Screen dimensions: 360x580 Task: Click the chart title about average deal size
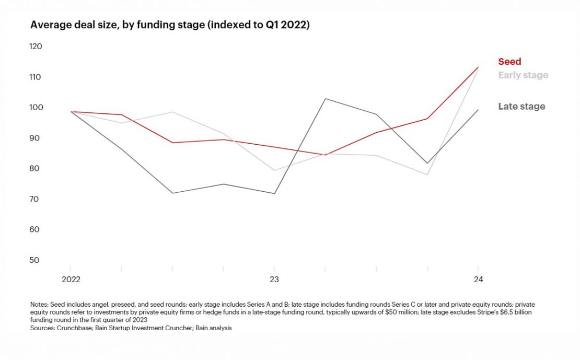coord(170,25)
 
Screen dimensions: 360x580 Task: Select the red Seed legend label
coord(509,62)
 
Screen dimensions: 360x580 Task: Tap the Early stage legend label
coord(523,75)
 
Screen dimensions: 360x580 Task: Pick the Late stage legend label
coord(521,107)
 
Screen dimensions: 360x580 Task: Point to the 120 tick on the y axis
coord(36,47)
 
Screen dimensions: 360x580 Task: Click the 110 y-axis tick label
coord(36,77)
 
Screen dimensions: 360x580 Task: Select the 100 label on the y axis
coord(36,108)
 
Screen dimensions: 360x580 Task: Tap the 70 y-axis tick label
coord(36,199)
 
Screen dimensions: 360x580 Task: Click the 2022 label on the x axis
coord(71,280)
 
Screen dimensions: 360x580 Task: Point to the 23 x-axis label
coord(274,280)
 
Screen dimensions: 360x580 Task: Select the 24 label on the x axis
coord(478,280)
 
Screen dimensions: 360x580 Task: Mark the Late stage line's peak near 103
coord(325,98)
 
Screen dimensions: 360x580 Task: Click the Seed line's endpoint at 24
coord(478,67)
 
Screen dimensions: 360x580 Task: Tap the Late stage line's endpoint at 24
coord(478,110)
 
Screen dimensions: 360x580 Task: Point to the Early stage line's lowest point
coord(427,175)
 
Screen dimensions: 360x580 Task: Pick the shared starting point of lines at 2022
coord(71,111)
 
